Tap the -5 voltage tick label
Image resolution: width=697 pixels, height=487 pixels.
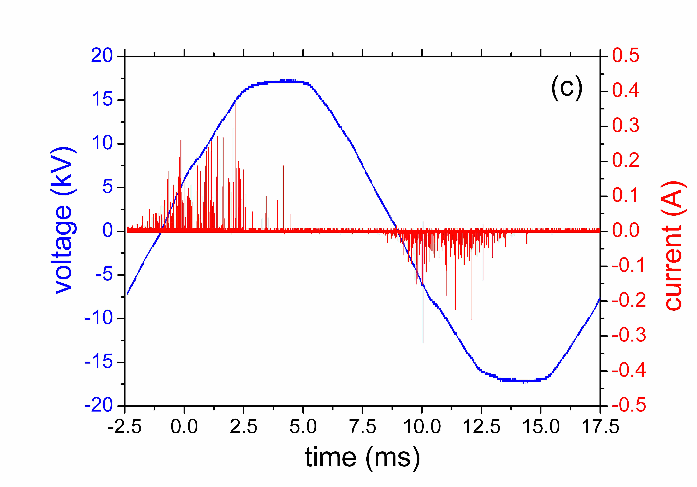coord(104,275)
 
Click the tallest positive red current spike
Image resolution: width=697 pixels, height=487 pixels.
coord(235,105)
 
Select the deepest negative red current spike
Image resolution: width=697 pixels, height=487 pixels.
coord(423,342)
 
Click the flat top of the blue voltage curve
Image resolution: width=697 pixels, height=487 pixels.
coord(285,81)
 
